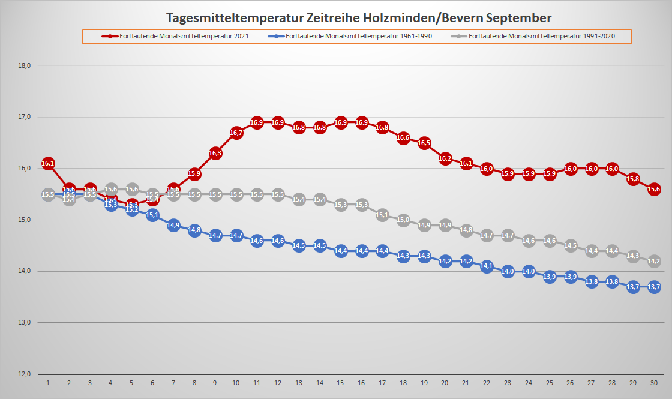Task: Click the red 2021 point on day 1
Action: [x=48, y=163]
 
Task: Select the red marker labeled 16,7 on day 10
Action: [x=236, y=133]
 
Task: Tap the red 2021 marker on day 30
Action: [x=654, y=189]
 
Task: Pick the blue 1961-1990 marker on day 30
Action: [x=654, y=287]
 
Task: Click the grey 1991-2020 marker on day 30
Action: [x=654, y=261]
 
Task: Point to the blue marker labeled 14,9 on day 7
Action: [x=173, y=225]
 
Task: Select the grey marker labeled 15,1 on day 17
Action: [x=382, y=215]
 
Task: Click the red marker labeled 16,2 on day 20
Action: [x=445, y=158]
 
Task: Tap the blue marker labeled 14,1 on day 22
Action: [x=487, y=266]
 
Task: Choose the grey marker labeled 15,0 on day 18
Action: [x=403, y=220]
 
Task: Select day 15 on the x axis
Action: [x=341, y=383]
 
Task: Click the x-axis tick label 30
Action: [x=654, y=383]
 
